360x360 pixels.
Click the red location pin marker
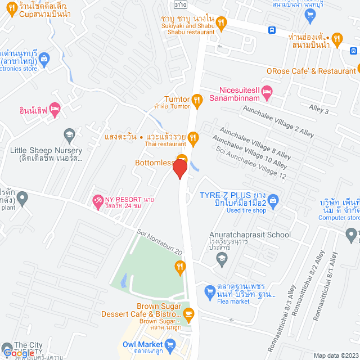[179, 169]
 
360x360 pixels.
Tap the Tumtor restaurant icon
[197, 101]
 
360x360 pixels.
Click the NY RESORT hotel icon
[98, 200]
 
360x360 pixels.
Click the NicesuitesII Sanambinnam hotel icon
[267, 91]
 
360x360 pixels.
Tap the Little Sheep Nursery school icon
[69, 134]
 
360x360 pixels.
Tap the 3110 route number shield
[181, 4]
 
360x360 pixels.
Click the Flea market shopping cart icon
[209, 290]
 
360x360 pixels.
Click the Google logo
[19, 353]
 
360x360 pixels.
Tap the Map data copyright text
[335, 355]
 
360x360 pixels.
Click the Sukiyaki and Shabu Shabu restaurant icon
[222, 22]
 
